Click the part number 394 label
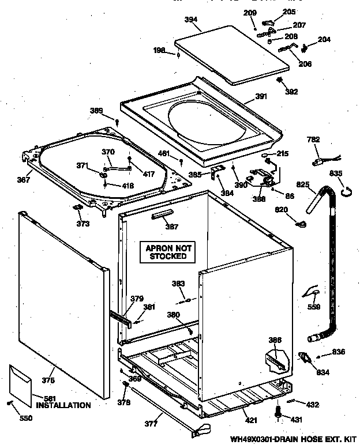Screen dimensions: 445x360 [191, 19]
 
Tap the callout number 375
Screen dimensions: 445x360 [48, 380]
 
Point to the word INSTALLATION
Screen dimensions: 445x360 [63, 405]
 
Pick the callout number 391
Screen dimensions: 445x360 [261, 97]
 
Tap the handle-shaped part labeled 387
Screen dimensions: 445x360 [162, 215]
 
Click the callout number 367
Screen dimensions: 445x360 [24, 179]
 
